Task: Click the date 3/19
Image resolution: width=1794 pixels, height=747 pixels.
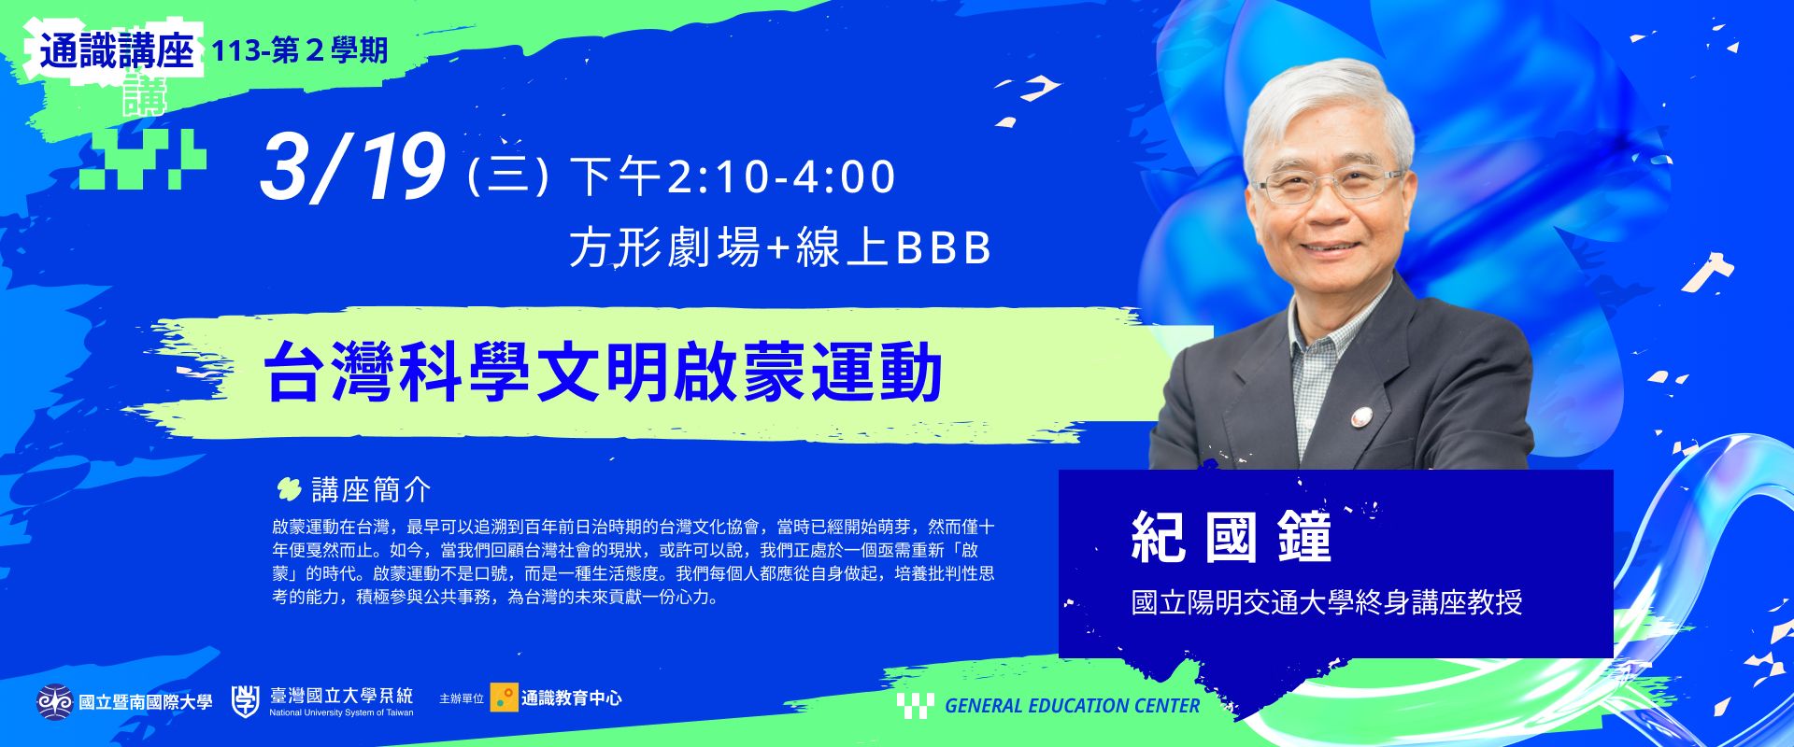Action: [x=351, y=168]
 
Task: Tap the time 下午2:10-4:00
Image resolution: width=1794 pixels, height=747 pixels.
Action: [x=733, y=177]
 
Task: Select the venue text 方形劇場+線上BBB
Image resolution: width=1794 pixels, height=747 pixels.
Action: [x=780, y=248]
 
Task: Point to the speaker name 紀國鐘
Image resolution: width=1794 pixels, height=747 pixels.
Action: [x=1231, y=536]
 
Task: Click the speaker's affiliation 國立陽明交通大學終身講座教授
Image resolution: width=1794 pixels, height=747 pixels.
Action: [x=1327, y=602]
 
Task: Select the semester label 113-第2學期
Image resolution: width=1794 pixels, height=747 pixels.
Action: [x=300, y=51]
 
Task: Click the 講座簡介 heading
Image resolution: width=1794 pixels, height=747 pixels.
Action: [x=371, y=489]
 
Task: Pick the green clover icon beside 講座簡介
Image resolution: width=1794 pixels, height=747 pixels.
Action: [x=289, y=488]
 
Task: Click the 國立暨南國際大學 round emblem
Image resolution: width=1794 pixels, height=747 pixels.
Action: [x=54, y=701]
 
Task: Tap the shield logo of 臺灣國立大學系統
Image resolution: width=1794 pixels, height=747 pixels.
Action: [x=246, y=700]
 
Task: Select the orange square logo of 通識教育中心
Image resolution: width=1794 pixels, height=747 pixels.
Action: [x=504, y=698]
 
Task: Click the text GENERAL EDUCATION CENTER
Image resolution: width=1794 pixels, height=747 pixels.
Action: [x=1073, y=706]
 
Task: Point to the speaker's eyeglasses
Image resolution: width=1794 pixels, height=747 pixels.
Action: [x=1333, y=184]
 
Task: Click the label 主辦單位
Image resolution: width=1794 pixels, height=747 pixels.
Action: [x=462, y=698]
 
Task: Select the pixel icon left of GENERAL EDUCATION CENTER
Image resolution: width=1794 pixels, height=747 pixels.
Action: [x=916, y=705]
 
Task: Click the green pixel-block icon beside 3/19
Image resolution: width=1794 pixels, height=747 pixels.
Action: [x=142, y=160]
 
